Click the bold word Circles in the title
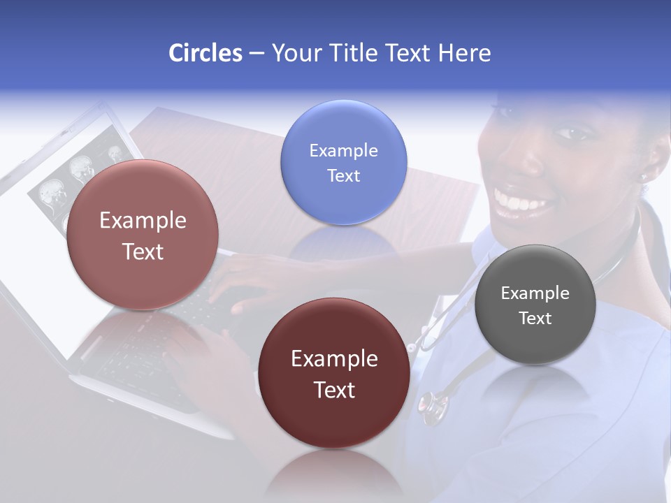(x=205, y=53)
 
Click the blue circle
(x=344, y=162)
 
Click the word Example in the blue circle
(x=344, y=150)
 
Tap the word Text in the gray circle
(x=535, y=319)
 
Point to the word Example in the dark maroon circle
(x=334, y=359)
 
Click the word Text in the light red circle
(x=143, y=251)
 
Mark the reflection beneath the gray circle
(x=535, y=388)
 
